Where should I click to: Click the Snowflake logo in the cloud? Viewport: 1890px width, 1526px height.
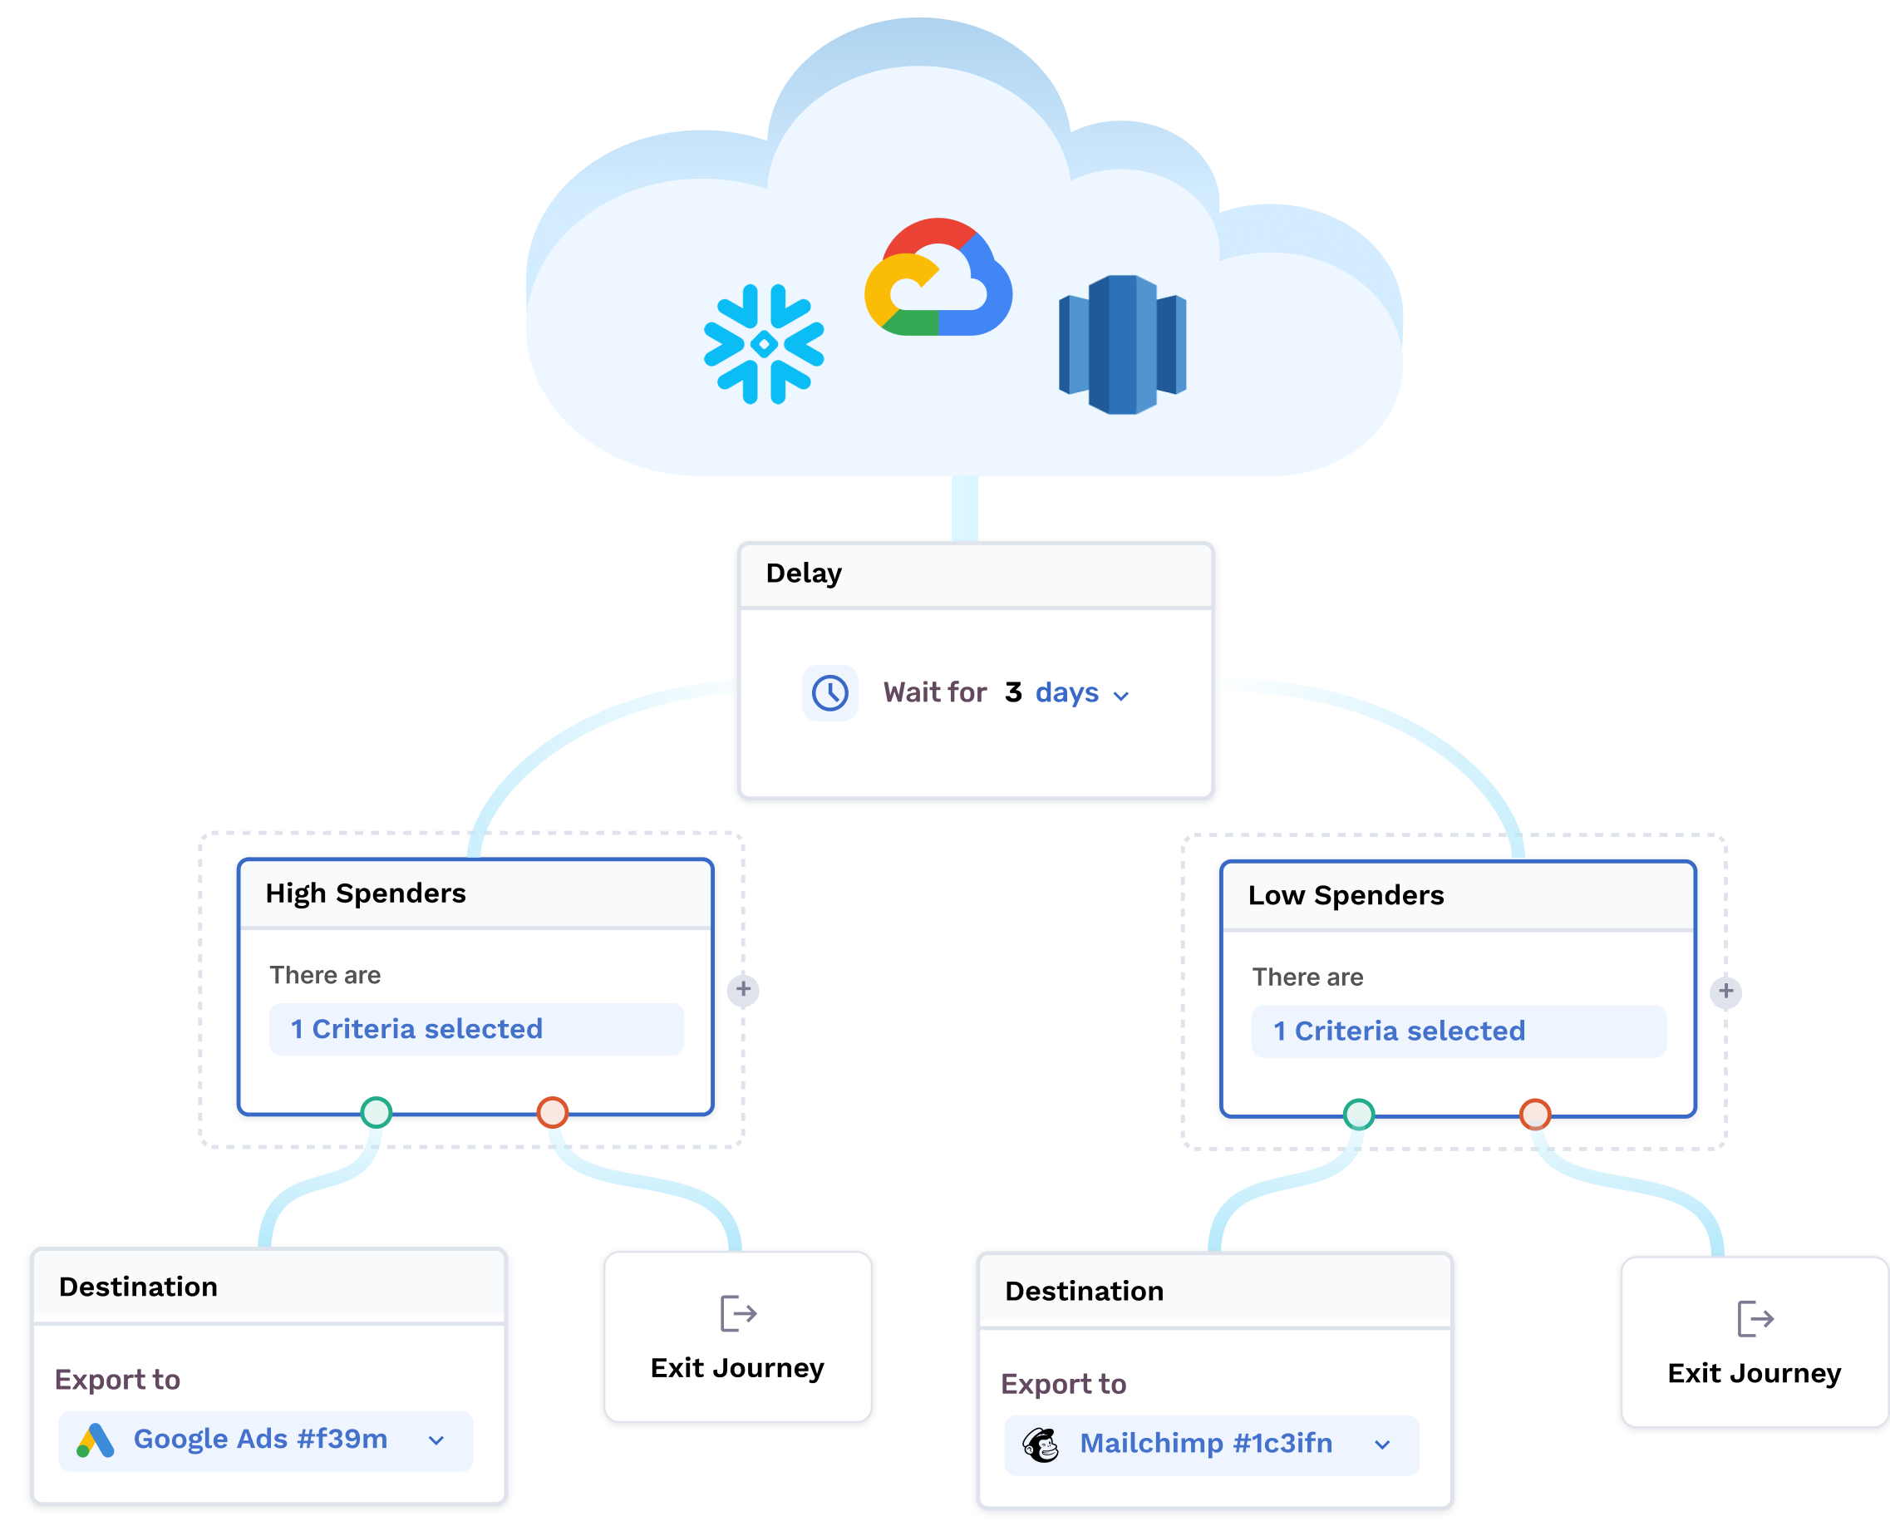tap(763, 344)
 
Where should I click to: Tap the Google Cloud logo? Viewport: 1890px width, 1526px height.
tap(938, 279)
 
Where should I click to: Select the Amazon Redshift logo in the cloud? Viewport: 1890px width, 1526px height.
tap(1122, 345)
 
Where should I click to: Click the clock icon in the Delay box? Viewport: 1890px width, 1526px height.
tap(829, 692)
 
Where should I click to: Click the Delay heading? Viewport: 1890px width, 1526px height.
tap(804, 573)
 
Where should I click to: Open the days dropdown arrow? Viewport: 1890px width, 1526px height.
tap(1121, 696)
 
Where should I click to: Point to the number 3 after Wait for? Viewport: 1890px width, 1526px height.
tap(1012, 692)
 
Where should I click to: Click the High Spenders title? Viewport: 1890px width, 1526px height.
tap(365, 893)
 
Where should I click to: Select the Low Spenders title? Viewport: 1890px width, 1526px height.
tap(1345, 895)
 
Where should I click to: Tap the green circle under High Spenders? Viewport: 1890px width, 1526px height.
tap(377, 1112)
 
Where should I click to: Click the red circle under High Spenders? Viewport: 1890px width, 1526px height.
tap(552, 1112)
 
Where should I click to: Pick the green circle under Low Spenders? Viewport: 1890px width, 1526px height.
tap(1358, 1114)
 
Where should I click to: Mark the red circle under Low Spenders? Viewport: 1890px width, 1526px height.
tap(1534, 1114)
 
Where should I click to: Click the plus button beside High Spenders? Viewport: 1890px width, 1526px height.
tap(743, 989)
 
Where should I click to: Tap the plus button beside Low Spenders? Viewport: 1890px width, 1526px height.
tap(1725, 992)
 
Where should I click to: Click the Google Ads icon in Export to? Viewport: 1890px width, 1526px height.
tap(95, 1440)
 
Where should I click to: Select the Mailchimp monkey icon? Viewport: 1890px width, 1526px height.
tap(1041, 1445)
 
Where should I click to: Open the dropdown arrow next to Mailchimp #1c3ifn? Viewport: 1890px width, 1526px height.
tap(1382, 1445)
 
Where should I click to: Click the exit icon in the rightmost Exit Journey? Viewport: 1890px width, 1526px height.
tap(1755, 1318)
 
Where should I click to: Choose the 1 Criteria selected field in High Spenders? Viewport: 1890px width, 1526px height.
tap(475, 1028)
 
